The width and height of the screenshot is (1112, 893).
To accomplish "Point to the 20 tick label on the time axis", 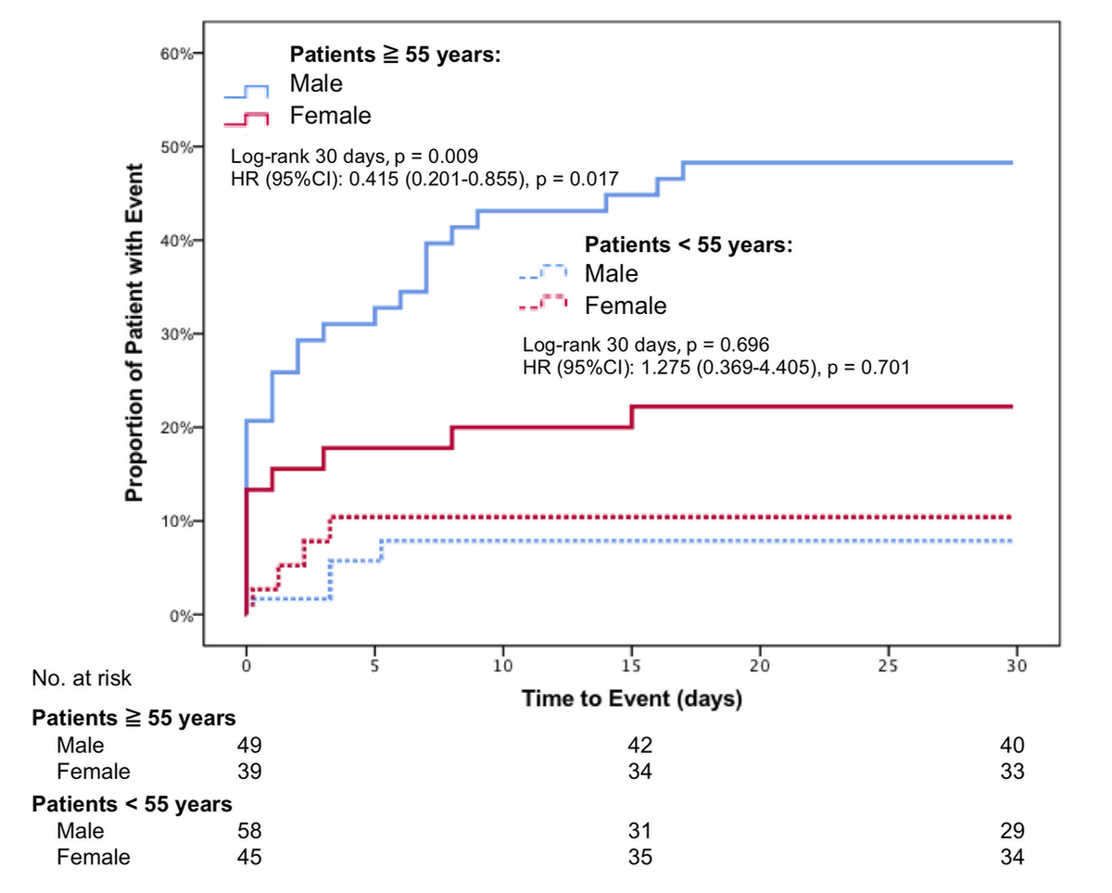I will click(x=760, y=666).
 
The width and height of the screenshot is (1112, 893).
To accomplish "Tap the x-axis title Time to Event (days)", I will click(x=632, y=698).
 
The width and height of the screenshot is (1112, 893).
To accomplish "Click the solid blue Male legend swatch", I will click(x=246, y=91).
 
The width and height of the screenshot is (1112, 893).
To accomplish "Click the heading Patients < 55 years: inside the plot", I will click(x=689, y=245).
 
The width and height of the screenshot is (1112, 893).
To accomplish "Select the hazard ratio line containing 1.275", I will click(x=716, y=368).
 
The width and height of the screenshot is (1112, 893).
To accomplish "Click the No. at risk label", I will click(x=82, y=678).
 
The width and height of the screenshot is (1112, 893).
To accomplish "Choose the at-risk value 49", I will click(x=250, y=745).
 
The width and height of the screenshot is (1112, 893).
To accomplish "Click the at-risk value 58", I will click(x=250, y=832).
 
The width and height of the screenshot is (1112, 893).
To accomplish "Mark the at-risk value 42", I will click(x=640, y=745).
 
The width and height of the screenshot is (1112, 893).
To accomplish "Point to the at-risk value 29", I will click(x=1012, y=832).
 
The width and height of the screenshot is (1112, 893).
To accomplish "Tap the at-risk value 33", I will click(x=1012, y=771).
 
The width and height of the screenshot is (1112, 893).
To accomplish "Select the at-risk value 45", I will click(x=250, y=858).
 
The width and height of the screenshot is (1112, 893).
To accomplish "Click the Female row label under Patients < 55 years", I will click(x=94, y=858).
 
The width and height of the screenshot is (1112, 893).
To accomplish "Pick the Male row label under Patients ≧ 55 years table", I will click(x=81, y=745).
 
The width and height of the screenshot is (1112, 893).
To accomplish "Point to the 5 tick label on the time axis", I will click(x=374, y=666).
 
